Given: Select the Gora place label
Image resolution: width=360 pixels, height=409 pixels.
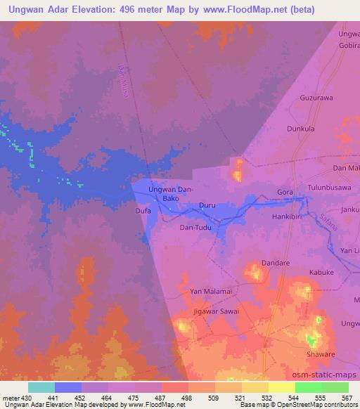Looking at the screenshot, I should tap(285, 192).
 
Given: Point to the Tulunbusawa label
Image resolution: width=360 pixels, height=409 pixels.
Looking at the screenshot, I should tap(328, 188).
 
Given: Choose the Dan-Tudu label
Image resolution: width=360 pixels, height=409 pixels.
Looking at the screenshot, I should tap(196, 228).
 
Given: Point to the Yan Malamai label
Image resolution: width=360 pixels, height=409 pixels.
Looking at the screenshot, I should tap(210, 290).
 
